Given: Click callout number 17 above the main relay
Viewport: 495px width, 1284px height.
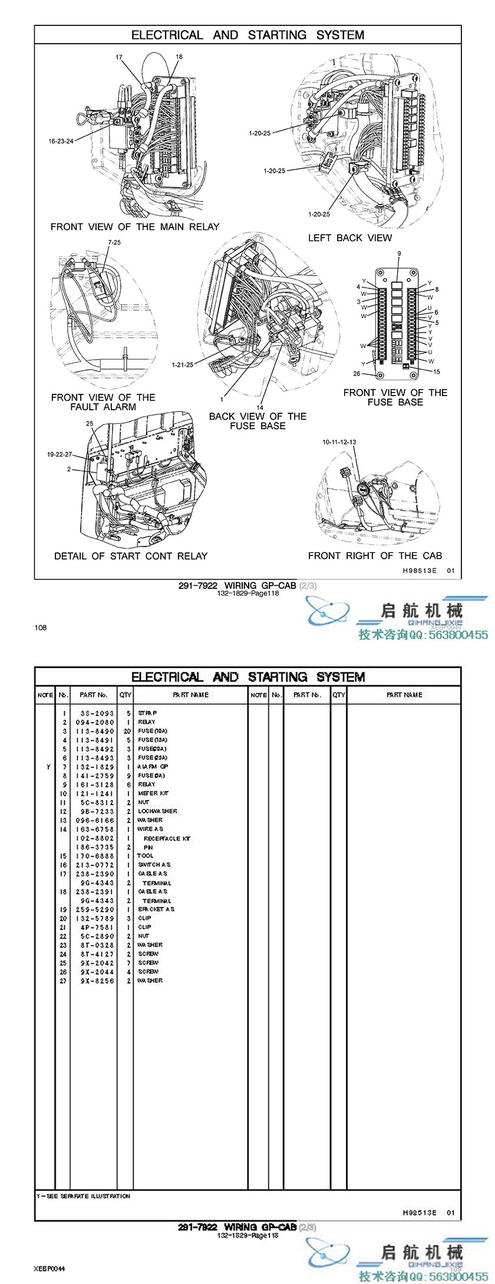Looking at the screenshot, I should [119, 57].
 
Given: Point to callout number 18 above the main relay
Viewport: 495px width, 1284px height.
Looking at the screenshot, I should [179, 57].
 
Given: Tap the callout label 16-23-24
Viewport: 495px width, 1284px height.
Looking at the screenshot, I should [61, 141].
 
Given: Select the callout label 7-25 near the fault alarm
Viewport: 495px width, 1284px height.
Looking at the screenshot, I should [114, 242].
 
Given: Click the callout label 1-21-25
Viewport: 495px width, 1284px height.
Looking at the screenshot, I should [183, 364].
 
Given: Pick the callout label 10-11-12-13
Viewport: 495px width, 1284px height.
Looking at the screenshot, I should [339, 442].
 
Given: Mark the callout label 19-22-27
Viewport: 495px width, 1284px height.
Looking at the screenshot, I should [60, 455].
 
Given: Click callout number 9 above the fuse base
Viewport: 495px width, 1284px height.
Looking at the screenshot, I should [399, 253].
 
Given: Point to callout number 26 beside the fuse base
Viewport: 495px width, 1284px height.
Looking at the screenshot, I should [357, 373].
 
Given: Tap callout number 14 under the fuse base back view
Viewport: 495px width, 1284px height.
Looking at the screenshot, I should [260, 407].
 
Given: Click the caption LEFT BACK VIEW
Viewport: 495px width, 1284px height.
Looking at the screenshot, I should [350, 238].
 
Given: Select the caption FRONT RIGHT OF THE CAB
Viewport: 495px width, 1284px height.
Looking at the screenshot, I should [375, 556].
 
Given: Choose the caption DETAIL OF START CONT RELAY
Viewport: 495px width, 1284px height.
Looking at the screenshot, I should [131, 556].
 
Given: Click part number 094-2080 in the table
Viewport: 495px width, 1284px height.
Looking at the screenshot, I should [97, 722].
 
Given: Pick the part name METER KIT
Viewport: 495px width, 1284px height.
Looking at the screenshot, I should [153, 794].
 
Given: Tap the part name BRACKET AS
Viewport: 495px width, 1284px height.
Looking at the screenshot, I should [156, 909].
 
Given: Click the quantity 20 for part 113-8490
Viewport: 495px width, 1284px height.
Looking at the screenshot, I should [127, 731].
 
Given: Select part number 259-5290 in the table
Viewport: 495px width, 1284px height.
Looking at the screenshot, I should [97, 909].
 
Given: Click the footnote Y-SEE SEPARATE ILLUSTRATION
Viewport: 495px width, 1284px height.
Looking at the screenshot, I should [83, 1196].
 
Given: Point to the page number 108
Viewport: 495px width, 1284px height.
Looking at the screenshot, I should [41, 627].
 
